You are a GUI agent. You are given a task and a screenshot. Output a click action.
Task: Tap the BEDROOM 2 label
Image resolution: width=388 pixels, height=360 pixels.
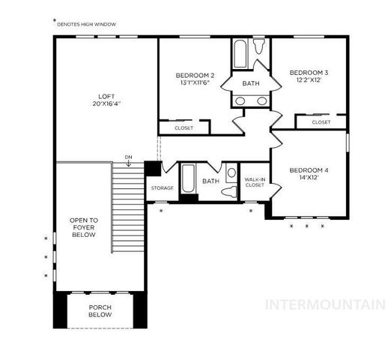pyautogui.click(x=195, y=75)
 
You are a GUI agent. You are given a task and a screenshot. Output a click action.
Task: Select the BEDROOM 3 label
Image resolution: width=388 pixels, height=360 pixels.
pyautogui.click(x=309, y=73)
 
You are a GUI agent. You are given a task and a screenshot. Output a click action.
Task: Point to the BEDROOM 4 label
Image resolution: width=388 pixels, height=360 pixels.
pyautogui.click(x=309, y=169)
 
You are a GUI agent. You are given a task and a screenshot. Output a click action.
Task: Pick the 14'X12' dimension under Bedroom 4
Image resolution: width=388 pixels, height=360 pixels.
pyautogui.click(x=309, y=178)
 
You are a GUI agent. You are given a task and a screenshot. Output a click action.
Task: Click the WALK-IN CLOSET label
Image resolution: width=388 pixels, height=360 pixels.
pyautogui.click(x=255, y=182)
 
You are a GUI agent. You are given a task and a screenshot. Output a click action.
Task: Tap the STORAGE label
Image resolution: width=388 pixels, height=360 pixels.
pyautogui.click(x=162, y=187)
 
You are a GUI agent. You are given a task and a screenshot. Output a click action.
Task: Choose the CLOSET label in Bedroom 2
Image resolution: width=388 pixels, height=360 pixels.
pyautogui.click(x=184, y=128)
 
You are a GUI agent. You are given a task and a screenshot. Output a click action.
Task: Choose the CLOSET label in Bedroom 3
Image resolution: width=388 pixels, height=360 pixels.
pyautogui.click(x=321, y=121)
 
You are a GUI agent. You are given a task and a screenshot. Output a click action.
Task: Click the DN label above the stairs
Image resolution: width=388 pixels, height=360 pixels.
pyautogui.click(x=129, y=157)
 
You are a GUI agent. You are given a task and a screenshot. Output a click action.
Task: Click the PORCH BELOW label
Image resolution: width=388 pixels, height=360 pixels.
pyautogui.click(x=100, y=311)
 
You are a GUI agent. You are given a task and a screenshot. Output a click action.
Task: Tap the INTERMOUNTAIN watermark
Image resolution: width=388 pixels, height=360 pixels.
pyautogui.click(x=327, y=304)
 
